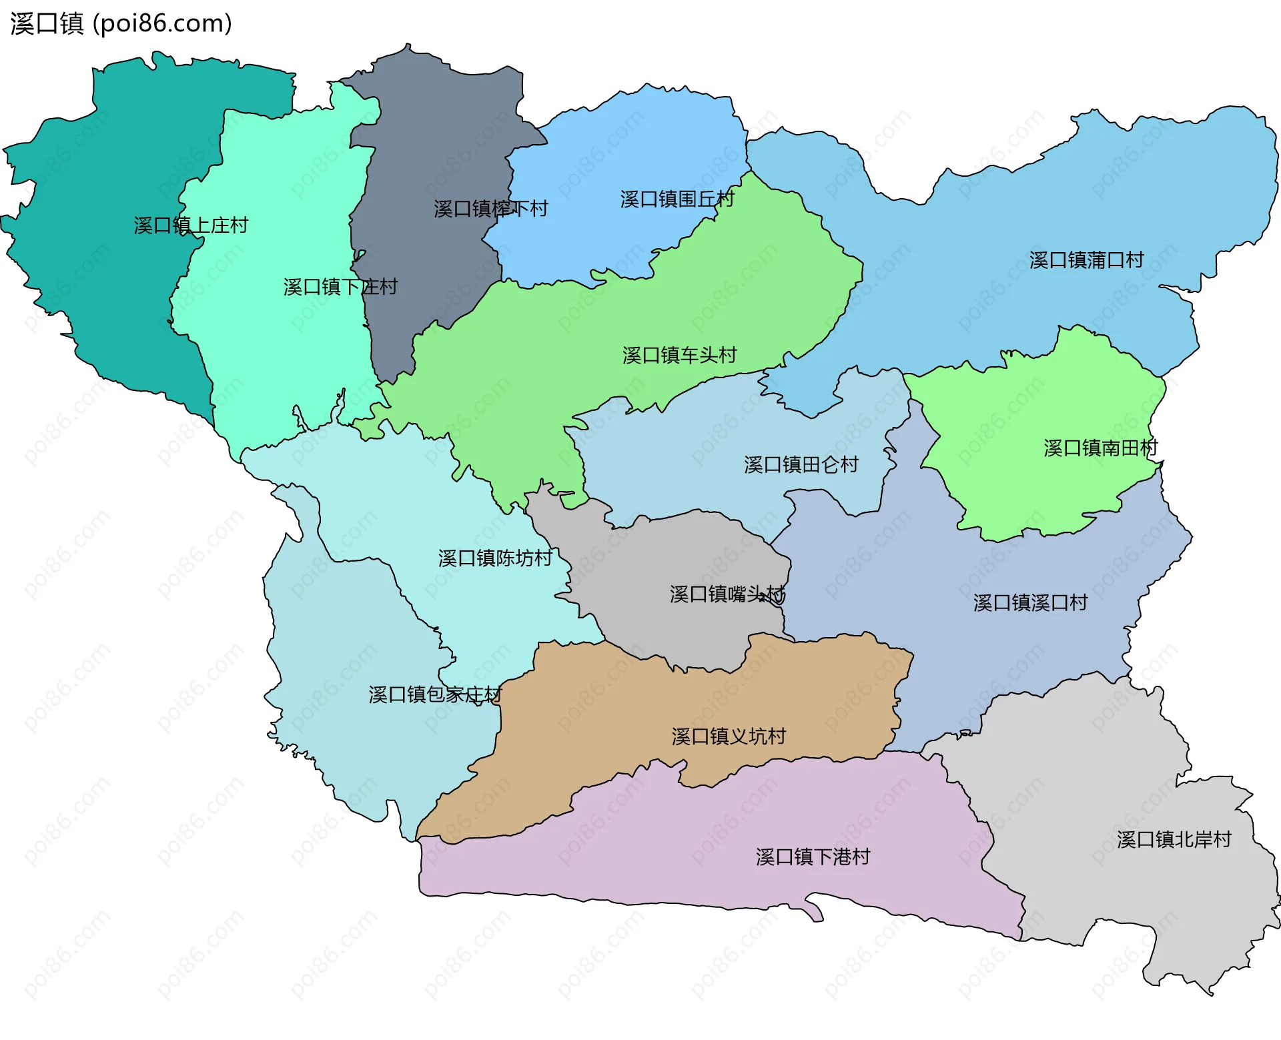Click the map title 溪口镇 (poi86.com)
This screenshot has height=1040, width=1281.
click(x=121, y=23)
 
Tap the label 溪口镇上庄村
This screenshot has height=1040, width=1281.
click(x=191, y=225)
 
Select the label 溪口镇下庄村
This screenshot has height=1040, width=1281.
click(x=340, y=287)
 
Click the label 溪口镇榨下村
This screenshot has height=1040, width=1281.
click(x=490, y=209)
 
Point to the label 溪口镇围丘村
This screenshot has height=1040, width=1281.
click(x=677, y=199)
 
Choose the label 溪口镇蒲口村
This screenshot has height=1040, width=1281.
click(x=1086, y=259)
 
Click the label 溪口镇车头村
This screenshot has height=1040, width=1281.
click(x=679, y=355)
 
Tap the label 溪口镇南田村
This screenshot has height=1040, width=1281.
click(x=1100, y=448)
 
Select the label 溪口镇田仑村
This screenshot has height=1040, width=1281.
click(x=801, y=464)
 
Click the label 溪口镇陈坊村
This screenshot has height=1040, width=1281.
click(x=495, y=558)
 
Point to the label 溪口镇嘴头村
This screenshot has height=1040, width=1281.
click(x=727, y=594)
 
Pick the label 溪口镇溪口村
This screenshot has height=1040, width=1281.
click(x=1030, y=602)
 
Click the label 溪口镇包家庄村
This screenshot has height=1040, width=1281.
click(x=435, y=694)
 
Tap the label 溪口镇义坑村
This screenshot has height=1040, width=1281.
click(x=729, y=736)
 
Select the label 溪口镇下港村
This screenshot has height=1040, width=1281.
click(x=813, y=857)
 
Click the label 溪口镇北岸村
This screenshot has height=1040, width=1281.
click(x=1174, y=839)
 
